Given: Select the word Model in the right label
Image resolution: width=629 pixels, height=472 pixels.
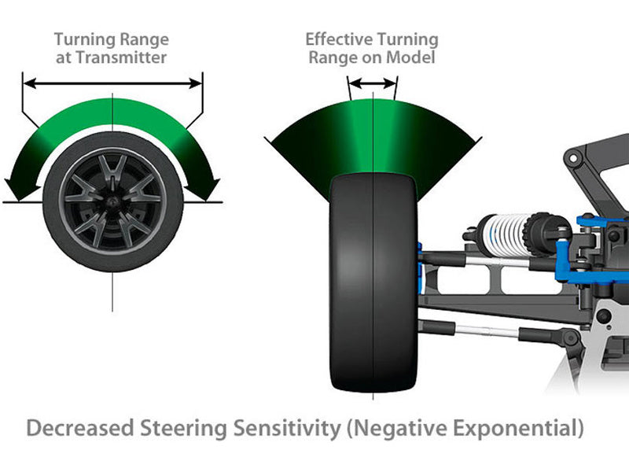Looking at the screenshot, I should [414, 57].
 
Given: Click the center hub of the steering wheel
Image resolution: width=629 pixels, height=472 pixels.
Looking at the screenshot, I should [112, 201].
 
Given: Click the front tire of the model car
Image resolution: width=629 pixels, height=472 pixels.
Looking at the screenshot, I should [373, 283].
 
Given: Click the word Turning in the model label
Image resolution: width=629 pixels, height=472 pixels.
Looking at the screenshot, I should [407, 39].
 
